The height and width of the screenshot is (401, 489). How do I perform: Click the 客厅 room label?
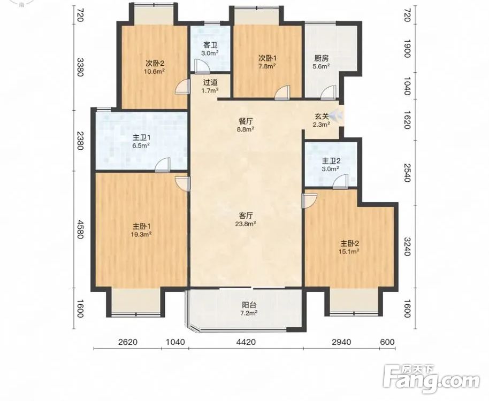(246, 215)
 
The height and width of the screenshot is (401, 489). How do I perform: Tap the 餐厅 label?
(246, 121)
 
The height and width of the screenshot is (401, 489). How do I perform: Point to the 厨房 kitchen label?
(322, 58)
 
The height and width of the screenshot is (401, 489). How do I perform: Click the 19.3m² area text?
(141, 234)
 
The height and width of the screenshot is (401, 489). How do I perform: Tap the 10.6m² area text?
(155, 71)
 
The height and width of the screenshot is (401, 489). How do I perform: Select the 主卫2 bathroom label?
(331, 161)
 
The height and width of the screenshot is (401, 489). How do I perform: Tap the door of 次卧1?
(282, 94)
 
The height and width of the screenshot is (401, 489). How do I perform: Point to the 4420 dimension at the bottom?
(246, 342)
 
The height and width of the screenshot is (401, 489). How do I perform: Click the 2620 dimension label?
(128, 342)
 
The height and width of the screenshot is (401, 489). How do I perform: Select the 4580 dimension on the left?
(81, 229)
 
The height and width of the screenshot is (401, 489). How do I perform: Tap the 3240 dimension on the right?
(407, 246)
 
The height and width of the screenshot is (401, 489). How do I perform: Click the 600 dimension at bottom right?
(388, 342)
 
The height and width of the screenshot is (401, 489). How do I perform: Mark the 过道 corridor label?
(210, 82)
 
